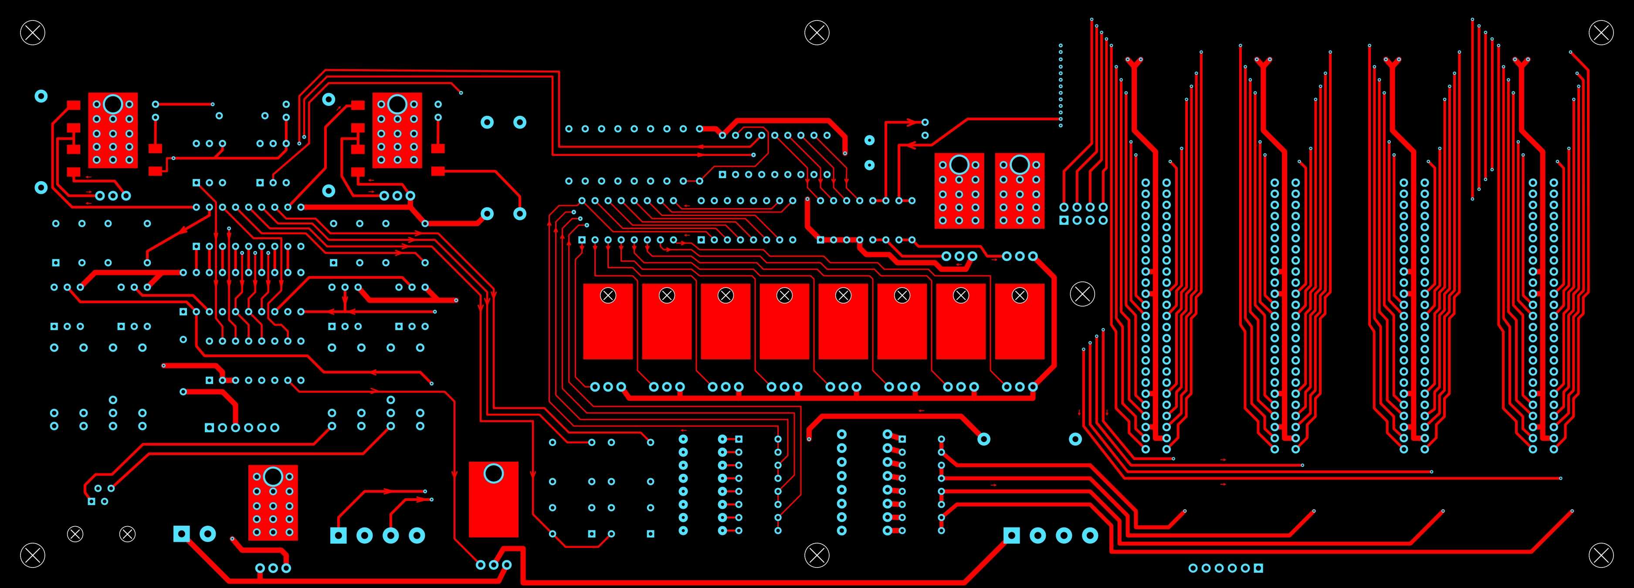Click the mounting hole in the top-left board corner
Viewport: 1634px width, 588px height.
click(32, 32)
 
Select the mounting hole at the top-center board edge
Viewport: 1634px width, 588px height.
click(817, 32)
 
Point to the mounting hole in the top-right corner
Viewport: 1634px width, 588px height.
click(1600, 32)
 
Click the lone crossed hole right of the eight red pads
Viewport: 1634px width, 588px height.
click(1082, 294)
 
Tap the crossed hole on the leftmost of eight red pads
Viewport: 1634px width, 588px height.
click(608, 295)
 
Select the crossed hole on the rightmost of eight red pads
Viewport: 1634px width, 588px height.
click(1019, 295)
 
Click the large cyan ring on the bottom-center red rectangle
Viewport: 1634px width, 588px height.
click(493, 473)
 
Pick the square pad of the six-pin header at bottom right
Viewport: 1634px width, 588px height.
click(1258, 568)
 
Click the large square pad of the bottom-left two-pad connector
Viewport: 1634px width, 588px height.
click(181, 534)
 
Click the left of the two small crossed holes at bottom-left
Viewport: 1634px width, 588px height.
click(75, 534)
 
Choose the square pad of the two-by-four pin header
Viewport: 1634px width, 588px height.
click(1064, 220)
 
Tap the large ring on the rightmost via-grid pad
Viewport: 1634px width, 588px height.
click(1019, 165)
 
